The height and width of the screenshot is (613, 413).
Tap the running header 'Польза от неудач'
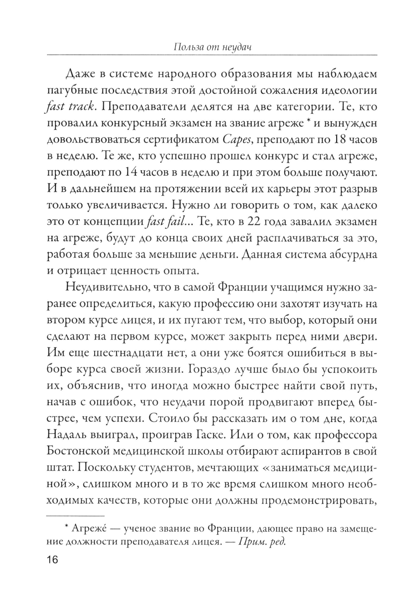[x=213, y=47]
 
